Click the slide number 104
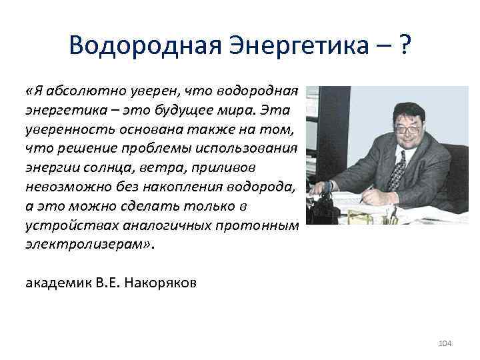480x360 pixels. click(445, 343)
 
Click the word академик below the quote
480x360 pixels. click(55, 282)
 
